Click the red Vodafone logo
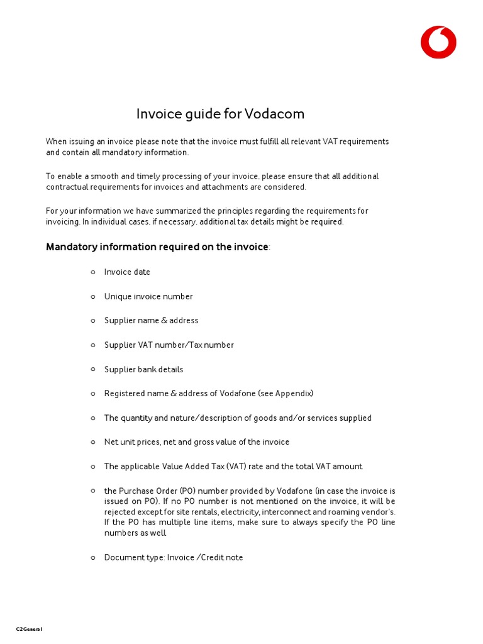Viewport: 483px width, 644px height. tap(438, 42)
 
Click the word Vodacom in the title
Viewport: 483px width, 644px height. tap(274, 114)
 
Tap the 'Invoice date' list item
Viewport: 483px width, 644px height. tap(127, 272)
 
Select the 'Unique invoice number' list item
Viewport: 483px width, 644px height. tap(148, 296)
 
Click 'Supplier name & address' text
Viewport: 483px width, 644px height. tap(151, 321)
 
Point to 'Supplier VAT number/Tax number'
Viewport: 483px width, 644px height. tap(169, 345)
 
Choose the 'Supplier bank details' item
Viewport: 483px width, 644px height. tap(143, 369)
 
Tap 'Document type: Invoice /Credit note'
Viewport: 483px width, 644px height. tap(174, 557)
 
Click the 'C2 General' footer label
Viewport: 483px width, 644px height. tap(30, 629)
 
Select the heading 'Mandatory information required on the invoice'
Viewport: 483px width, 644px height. tap(157, 247)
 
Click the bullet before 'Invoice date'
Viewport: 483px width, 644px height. tap(92, 272)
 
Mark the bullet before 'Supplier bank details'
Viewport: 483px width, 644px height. tap(92, 369)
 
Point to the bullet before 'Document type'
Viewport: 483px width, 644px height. tap(92, 557)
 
